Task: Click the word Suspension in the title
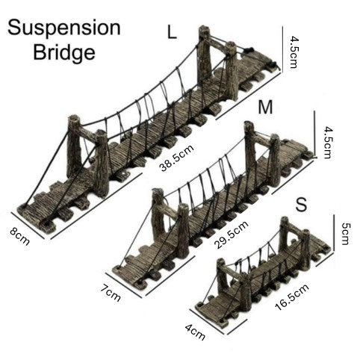tap(63, 28)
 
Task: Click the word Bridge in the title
tap(63, 53)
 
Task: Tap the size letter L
tap(173, 33)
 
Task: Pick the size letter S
tap(300, 204)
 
